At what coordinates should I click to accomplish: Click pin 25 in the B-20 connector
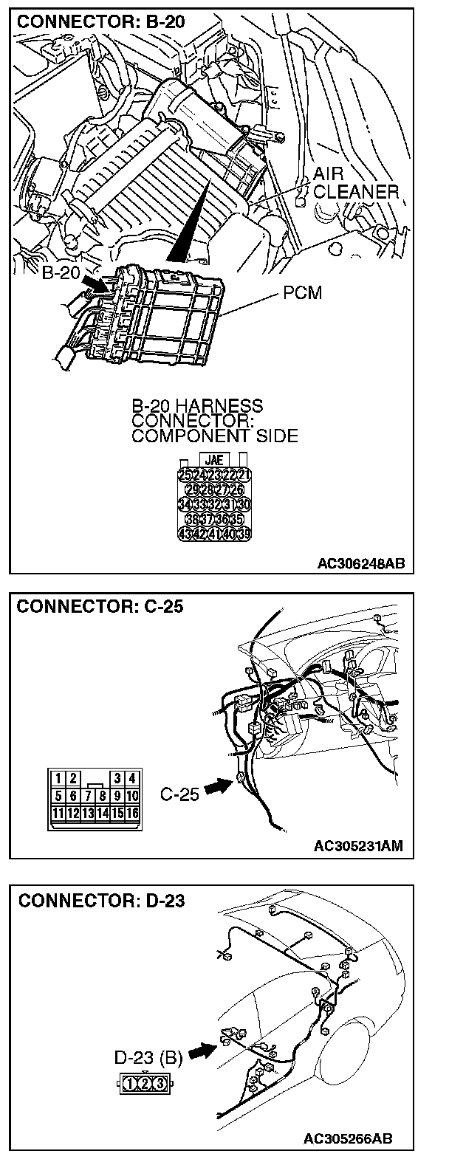point(185,474)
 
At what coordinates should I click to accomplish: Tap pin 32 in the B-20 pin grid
point(216,504)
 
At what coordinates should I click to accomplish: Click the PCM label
point(303,293)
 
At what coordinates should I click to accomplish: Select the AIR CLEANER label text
point(354,183)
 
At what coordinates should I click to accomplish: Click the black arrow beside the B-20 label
point(93,281)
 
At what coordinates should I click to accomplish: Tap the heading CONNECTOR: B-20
point(91,22)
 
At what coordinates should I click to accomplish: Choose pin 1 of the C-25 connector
point(60,777)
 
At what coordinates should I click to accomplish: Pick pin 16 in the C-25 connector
point(132,813)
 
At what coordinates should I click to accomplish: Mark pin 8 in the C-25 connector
point(103,796)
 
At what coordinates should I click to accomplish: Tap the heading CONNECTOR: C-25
point(91,607)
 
